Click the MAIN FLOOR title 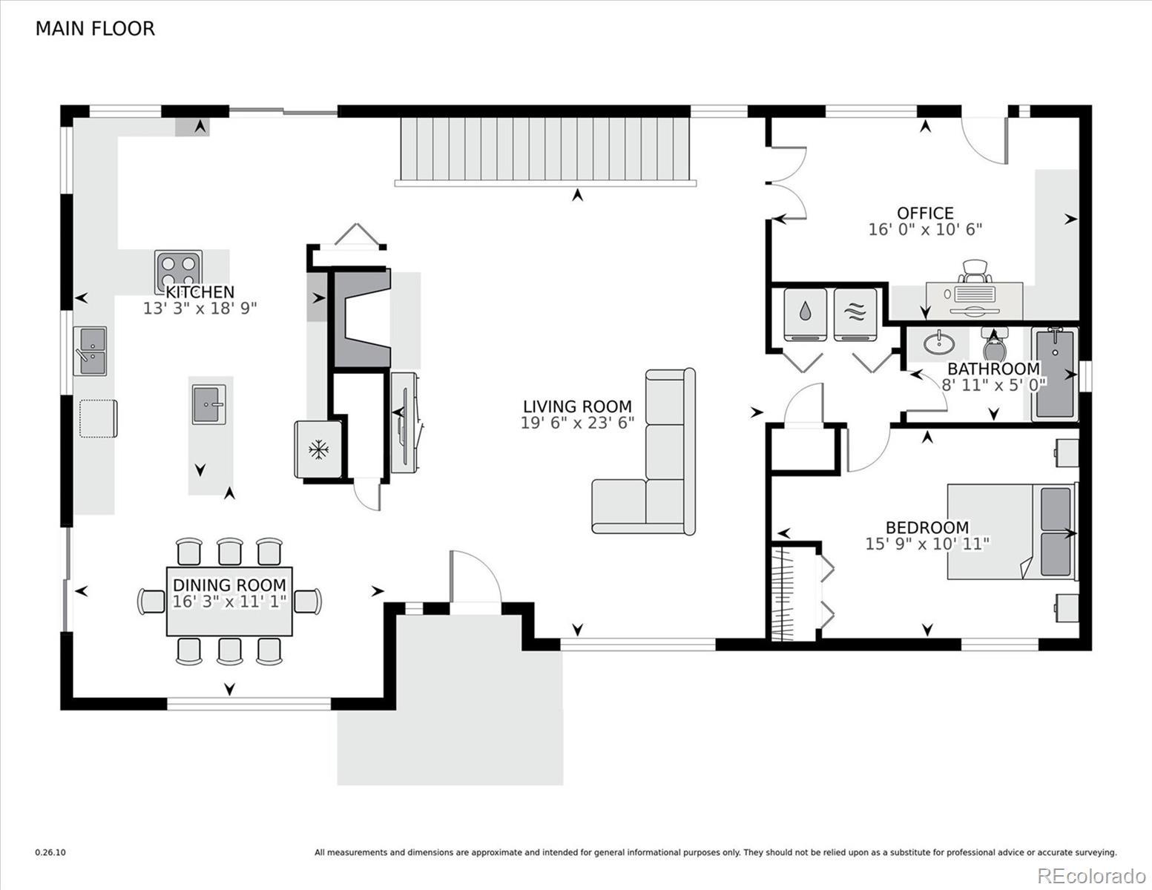[x=95, y=29]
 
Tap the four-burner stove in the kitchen [x=178, y=272]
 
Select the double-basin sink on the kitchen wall [x=90, y=351]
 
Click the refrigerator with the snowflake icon [x=318, y=449]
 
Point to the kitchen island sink [x=209, y=404]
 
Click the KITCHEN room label [x=200, y=292]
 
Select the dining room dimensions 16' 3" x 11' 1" [x=229, y=601]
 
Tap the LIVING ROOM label [x=577, y=406]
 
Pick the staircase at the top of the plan [x=545, y=151]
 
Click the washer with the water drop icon [x=806, y=315]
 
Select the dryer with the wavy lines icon [x=855, y=315]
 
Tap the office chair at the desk [x=975, y=271]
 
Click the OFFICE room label [x=925, y=213]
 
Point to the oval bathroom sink [x=939, y=343]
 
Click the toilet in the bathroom [x=993, y=344]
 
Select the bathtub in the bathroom [x=1055, y=374]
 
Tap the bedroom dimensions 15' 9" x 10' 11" [x=927, y=544]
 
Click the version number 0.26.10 [x=50, y=853]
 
